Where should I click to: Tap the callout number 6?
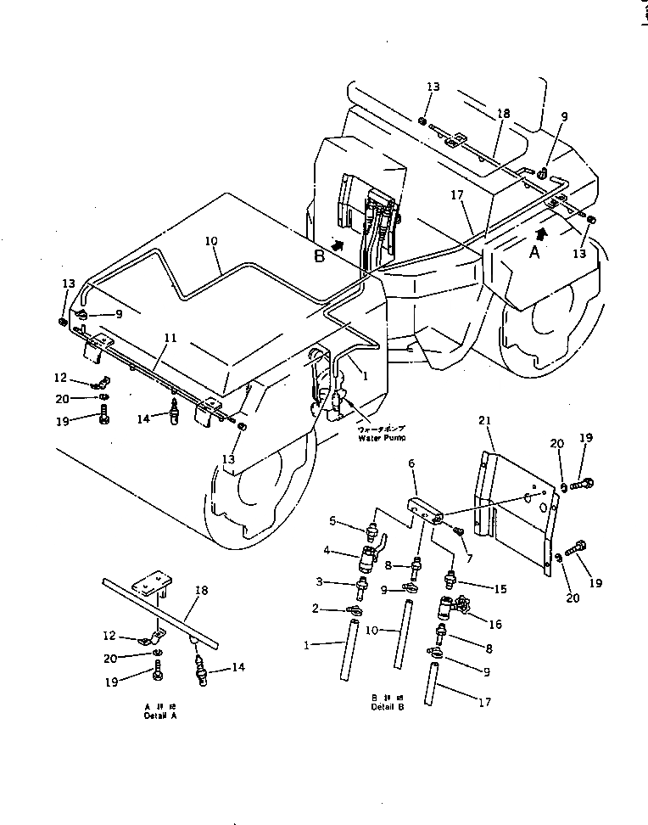pyautogui.click(x=411, y=463)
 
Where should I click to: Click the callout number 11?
pyautogui.click(x=170, y=339)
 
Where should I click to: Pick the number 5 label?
pyautogui.click(x=333, y=521)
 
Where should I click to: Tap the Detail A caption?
pyautogui.click(x=162, y=713)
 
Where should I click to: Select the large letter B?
pyautogui.click(x=320, y=257)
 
